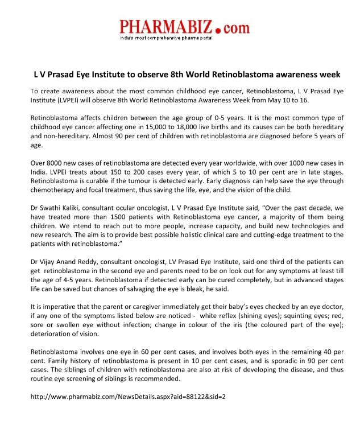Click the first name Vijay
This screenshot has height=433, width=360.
[x=48, y=259]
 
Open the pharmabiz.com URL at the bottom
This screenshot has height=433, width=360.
[x=129, y=396]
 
